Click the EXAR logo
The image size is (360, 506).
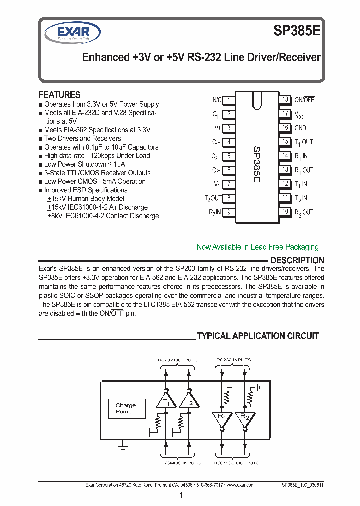pyautogui.click(x=73, y=33)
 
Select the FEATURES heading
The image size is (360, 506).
pyautogui.click(x=59, y=95)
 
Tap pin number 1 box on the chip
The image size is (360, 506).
pyautogui.click(x=228, y=100)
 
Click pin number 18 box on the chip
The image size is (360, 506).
pyautogui.click(x=285, y=100)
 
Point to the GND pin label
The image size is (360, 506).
pyautogui.click(x=300, y=128)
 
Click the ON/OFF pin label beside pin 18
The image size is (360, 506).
pyautogui.click(x=304, y=100)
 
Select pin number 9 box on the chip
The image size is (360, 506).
pyautogui.click(x=228, y=212)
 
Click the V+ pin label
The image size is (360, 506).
pyautogui.click(x=217, y=128)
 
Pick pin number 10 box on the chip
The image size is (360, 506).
pyautogui.click(x=285, y=212)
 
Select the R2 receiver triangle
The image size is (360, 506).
pyautogui.click(x=244, y=419)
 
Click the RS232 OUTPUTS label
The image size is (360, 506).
pyautogui.click(x=177, y=360)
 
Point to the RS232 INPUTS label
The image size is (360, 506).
pyautogui.click(x=233, y=360)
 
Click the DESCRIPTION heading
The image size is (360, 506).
pyautogui.click(x=297, y=260)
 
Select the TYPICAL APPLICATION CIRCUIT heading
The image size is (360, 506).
pyautogui.click(x=258, y=336)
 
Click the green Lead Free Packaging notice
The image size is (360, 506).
pyautogui.click(x=257, y=247)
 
